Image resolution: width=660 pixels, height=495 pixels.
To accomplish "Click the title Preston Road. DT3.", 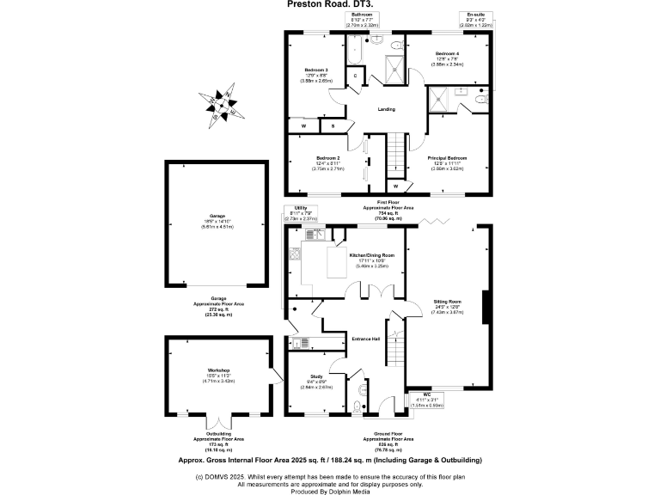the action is pos(329,4).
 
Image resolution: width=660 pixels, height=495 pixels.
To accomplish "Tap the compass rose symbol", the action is pos(228,106).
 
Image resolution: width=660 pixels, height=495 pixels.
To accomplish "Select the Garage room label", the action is pos(217,215).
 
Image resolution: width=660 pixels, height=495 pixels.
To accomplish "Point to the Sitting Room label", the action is pos(448,302).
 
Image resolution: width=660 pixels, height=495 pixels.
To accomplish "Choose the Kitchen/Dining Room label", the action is pos(371,255).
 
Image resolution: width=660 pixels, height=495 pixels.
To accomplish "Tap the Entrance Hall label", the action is pos(366,339).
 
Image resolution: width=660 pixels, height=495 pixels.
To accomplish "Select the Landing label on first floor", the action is pos(387,108).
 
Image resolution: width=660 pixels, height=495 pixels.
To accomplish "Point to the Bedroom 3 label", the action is pos(316,69).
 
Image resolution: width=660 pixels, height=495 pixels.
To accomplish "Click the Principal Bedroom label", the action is pos(447,158).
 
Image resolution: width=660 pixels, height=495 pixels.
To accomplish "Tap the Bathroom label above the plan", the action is pos(361,15).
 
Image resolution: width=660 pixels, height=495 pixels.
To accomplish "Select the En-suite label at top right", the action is pos(474,15).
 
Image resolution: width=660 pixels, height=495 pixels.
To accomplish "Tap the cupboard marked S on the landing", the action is pos(332,126).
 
